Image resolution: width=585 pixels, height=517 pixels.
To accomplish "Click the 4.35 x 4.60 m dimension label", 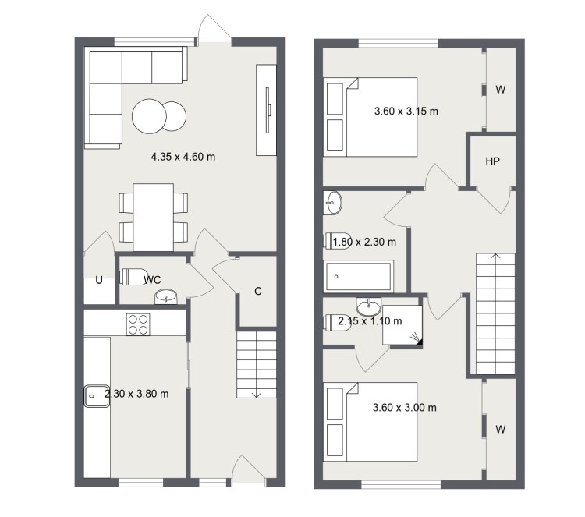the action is click(x=183, y=157).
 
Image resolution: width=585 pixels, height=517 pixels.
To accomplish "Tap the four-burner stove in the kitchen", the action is click(x=138, y=324).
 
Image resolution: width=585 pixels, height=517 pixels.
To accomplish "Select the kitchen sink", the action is click(x=97, y=396).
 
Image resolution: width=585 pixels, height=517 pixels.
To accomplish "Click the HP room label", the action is click(x=492, y=161).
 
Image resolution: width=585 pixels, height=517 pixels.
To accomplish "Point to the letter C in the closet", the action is click(x=258, y=291).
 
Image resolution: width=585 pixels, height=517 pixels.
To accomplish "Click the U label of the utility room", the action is click(x=99, y=280).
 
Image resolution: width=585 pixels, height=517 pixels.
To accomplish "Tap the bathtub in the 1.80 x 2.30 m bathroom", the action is click(x=360, y=276).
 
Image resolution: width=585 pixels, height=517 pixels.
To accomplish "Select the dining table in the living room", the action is click(x=154, y=217).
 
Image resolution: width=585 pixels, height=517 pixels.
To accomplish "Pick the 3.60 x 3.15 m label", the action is click(x=406, y=112).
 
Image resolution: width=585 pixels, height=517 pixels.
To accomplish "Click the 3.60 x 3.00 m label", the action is click(x=404, y=407).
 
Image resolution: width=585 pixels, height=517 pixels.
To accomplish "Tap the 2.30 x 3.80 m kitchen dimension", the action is click(x=136, y=394).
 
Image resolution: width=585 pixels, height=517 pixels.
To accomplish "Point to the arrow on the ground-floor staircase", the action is click(x=257, y=395).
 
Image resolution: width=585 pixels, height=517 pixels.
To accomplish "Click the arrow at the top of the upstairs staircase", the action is click(x=495, y=257).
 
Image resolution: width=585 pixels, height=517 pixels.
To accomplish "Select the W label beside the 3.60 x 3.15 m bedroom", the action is click(x=500, y=90).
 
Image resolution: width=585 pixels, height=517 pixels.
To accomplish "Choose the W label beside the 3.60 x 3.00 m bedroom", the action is click(x=500, y=430).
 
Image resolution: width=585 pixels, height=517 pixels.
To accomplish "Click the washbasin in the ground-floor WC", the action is click(x=166, y=297).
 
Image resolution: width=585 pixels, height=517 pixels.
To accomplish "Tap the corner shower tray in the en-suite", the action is click(x=402, y=325).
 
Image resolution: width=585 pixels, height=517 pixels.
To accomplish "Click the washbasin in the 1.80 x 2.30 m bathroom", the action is click(x=332, y=203).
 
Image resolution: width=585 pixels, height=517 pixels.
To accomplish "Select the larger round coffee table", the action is click(x=149, y=116).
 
